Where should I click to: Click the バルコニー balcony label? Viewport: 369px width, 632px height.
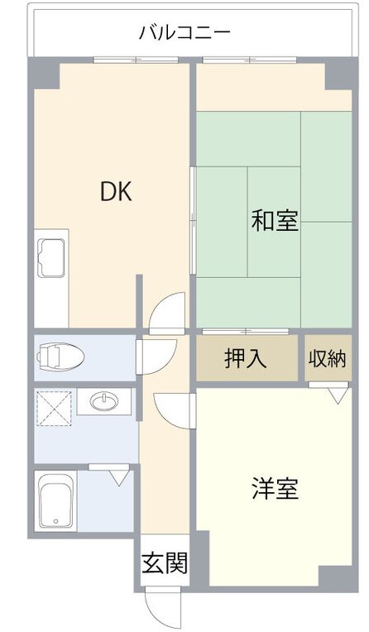(x=184, y=33)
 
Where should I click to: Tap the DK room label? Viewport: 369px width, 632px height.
(x=116, y=192)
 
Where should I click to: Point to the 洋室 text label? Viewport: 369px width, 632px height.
(x=276, y=488)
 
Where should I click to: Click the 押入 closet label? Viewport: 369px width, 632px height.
(x=246, y=357)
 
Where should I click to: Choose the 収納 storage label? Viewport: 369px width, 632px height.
(x=328, y=358)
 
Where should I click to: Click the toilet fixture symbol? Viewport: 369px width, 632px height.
(x=60, y=357)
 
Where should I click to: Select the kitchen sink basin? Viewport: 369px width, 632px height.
(x=51, y=258)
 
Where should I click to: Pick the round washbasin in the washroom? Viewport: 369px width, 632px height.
(x=104, y=401)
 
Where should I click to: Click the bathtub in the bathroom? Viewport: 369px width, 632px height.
(x=55, y=501)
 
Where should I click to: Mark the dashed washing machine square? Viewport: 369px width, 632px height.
(x=54, y=408)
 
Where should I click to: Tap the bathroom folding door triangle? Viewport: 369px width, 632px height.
(x=119, y=477)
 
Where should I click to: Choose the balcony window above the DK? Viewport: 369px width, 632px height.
(x=136, y=60)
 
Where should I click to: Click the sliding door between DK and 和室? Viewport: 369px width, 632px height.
(x=193, y=221)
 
